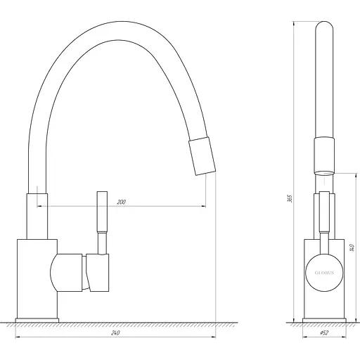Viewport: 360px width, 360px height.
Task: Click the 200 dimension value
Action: tap(121, 202)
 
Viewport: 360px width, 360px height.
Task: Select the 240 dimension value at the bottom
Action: tap(113, 334)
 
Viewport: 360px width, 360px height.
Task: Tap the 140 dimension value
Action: tap(350, 247)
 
